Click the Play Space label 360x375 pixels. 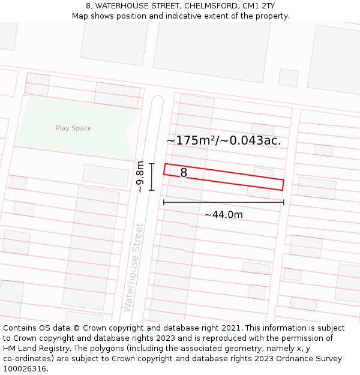click(74, 128)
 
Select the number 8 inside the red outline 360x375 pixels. click(184, 173)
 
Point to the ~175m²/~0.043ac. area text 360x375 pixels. click(223, 141)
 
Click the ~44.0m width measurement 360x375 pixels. click(223, 215)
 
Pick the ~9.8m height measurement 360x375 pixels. click(140, 176)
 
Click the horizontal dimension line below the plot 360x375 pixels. click(223, 202)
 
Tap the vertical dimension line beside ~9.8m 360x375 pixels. click(152, 176)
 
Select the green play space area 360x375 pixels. click(72, 123)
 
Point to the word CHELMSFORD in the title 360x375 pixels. click(211, 6)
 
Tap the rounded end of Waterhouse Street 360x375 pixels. click(157, 101)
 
